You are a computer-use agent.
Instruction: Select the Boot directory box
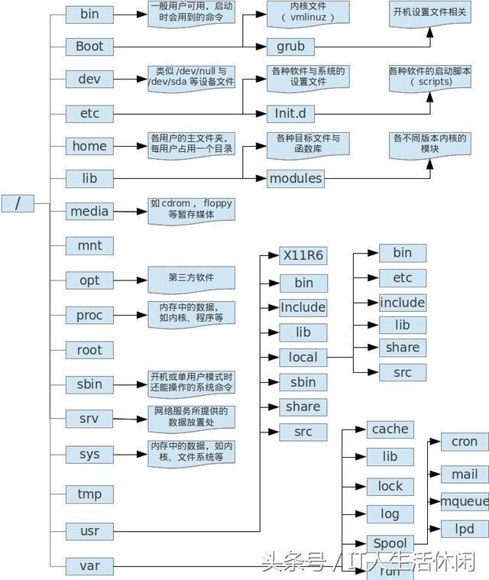pos(89,47)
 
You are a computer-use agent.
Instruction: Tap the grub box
pos(290,47)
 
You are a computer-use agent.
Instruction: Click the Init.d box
pos(290,114)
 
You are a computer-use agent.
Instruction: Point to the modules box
pos(295,179)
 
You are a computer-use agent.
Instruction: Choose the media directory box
pos(89,211)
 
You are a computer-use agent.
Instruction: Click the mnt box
pos(89,246)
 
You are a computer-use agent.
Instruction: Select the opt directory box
pos(89,280)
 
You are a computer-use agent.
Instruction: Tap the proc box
pos(89,315)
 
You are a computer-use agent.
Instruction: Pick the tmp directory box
pos(89,494)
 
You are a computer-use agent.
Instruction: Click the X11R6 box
pos(303,255)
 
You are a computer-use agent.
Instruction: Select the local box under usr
pos(303,357)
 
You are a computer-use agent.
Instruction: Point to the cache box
pos(390,429)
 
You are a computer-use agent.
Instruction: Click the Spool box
pos(390,543)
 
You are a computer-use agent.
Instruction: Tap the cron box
pos(465,442)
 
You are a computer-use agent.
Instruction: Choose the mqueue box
pos(465,501)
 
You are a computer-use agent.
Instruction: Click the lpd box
pos(465,528)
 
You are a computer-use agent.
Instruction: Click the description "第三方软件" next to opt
pos(180,277)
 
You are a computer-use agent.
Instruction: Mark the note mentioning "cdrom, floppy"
pos(191,209)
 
